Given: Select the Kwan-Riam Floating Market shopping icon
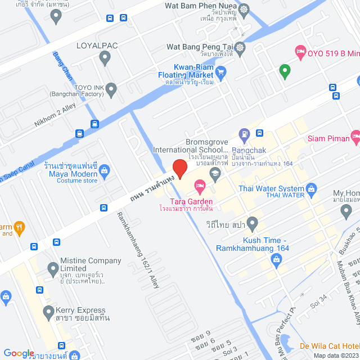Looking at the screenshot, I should coord(221,71).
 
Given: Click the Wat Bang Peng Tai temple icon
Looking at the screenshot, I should coord(240,47).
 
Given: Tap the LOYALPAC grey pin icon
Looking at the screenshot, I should coord(105,57).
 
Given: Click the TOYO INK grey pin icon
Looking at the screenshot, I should coord(111,88).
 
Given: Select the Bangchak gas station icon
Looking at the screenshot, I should coord(243,134).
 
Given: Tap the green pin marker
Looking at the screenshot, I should coord(285,72).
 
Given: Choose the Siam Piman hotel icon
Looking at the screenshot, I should coord(354,136).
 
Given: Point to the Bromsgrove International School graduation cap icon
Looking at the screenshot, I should coord(214,173).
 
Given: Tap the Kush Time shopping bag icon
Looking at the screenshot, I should coord(276,259).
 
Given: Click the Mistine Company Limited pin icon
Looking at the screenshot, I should coord(53,268).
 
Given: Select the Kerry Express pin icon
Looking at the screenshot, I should coord(49,310).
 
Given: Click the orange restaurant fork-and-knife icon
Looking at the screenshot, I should coord(19,227).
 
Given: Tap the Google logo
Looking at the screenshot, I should coord(19,353).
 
